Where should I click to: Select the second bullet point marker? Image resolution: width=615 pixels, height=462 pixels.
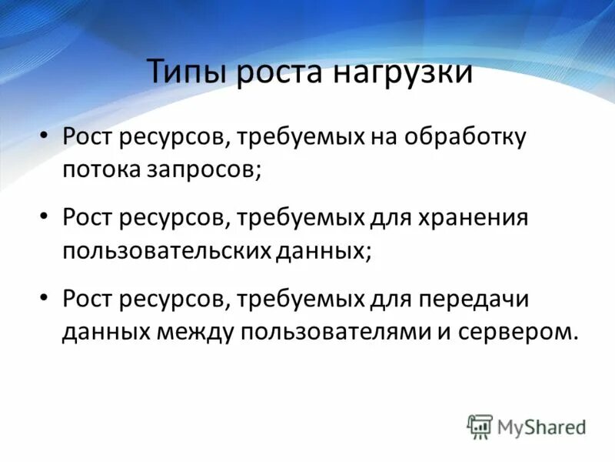(x=44, y=219)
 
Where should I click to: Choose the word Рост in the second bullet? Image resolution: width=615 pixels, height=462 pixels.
(x=89, y=219)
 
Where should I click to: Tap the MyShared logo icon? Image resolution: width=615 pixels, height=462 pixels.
(x=480, y=426)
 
